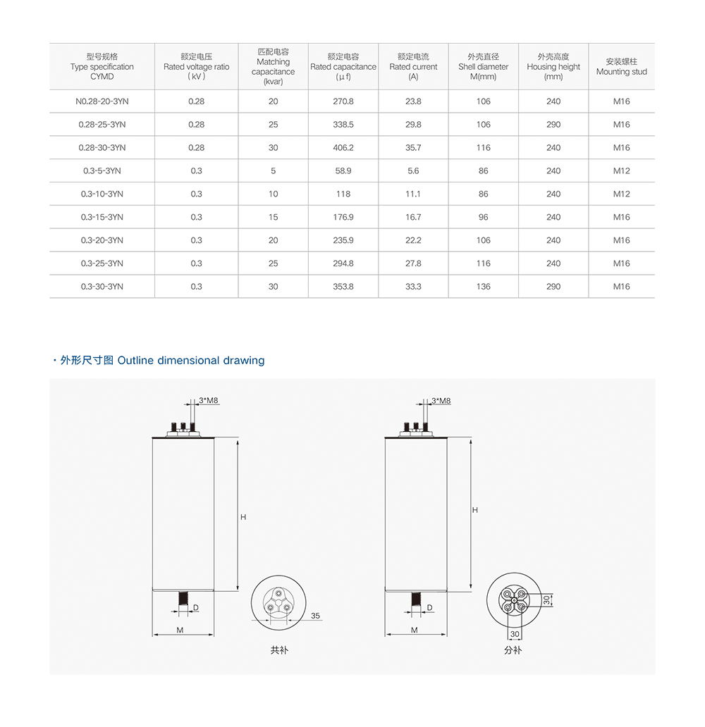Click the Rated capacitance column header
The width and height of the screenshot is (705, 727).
click(x=343, y=67)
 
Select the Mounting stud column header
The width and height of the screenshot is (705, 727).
click(x=621, y=67)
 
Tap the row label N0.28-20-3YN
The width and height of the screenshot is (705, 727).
click(x=102, y=101)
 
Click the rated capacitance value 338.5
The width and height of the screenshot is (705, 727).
click(x=343, y=125)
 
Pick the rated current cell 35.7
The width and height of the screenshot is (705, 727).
click(x=413, y=148)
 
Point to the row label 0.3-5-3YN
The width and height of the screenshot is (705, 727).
click(x=102, y=171)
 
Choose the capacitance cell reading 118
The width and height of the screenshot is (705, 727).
click(x=343, y=194)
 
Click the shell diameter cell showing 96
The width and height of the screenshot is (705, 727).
click(x=483, y=218)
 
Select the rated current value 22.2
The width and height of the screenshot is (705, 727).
click(x=413, y=240)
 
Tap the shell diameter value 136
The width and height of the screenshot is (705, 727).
click(x=483, y=287)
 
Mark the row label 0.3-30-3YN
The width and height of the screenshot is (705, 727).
click(x=102, y=287)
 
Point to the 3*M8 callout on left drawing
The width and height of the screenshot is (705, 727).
click(x=209, y=401)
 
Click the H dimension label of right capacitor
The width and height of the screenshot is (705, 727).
click(x=475, y=510)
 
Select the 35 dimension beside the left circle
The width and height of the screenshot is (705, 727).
click(x=315, y=616)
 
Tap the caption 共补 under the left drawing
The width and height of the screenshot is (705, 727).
click(x=279, y=650)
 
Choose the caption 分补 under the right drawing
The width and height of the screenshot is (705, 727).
click(x=513, y=650)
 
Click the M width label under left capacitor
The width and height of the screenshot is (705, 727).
click(x=180, y=630)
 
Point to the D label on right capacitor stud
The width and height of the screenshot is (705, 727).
click(x=429, y=608)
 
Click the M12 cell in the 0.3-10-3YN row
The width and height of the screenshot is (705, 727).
click(x=621, y=194)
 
